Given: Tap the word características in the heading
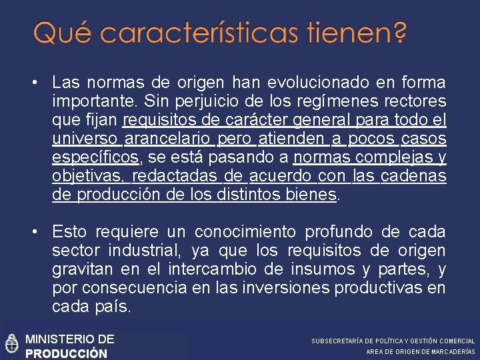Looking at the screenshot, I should [x=193, y=33].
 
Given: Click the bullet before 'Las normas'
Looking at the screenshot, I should [x=33, y=83].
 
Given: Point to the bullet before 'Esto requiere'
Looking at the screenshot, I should [x=33, y=231].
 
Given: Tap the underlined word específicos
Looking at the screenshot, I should [x=95, y=157].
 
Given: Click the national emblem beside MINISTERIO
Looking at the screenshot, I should [x=11, y=343].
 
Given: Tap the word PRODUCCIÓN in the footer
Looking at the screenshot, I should [x=66, y=353].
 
